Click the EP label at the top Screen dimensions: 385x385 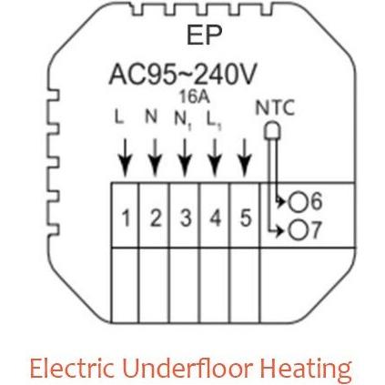click(204, 35)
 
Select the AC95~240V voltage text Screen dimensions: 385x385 click(183, 74)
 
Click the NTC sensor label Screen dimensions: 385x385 click(275, 108)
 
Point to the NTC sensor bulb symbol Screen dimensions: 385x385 click(272, 130)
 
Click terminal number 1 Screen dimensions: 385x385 click(126, 218)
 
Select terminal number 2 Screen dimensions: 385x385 click(156, 218)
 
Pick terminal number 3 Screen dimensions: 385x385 click(186, 218)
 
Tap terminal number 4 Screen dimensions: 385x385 click(215, 218)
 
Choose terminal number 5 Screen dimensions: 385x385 click(246, 218)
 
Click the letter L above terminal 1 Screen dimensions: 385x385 click(119, 117)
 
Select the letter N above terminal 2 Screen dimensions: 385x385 click(151, 116)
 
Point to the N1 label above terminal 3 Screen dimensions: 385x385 click(183, 120)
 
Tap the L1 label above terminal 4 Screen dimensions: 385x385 click(214, 120)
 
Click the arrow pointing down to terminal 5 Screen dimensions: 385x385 click(244, 157)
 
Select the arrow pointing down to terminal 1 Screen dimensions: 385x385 click(125, 157)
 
